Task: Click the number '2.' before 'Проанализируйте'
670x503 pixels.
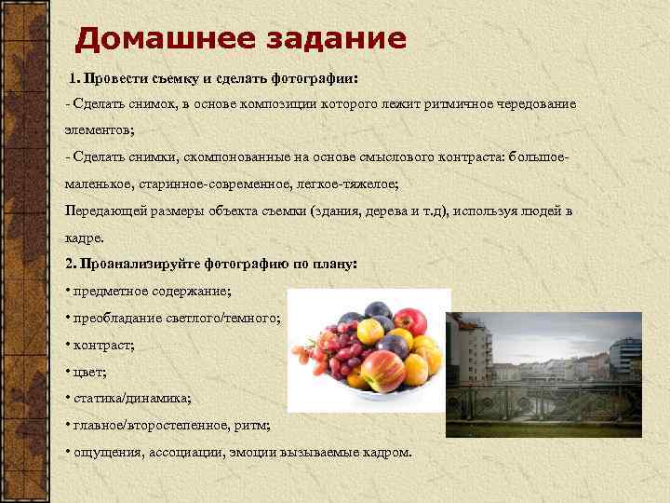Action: (x=72, y=264)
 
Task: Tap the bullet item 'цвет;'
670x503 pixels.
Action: (x=90, y=372)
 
